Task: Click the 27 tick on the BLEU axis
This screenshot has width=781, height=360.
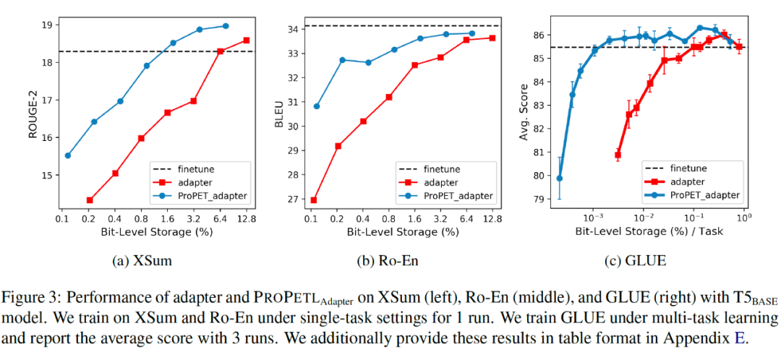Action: point(295,200)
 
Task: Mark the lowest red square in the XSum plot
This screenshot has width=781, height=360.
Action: point(90,200)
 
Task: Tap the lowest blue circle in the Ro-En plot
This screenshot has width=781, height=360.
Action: point(316,106)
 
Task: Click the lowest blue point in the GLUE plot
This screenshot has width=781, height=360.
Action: point(559,178)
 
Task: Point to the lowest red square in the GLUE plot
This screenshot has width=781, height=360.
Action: point(618,155)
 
